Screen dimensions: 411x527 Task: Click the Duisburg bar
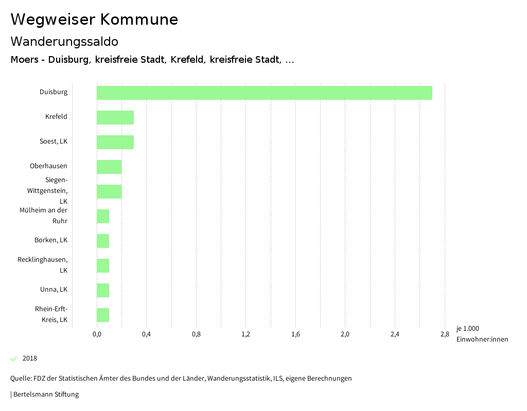[264, 93]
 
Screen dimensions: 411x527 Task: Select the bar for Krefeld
[115, 117]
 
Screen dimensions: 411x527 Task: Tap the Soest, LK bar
[115, 142]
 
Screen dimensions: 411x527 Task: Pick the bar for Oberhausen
[109, 167]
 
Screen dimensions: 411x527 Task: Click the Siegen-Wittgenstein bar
[109, 191]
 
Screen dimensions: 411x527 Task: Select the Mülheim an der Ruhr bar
[103, 216]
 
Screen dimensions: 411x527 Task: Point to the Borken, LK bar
[103, 241]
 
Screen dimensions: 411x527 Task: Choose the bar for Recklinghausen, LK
[103, 265]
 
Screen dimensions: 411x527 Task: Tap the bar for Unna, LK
[103, 290]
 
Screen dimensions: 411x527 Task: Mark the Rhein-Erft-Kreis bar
[103, 315]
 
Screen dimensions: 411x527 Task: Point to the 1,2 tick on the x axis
[245, 334]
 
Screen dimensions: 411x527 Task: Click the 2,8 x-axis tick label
[444, 334]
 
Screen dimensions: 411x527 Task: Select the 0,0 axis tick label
[97, 334]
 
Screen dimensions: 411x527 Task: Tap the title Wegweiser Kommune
[94, 20]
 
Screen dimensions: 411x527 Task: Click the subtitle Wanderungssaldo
[64, 41]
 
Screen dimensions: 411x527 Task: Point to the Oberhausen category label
[48, 166]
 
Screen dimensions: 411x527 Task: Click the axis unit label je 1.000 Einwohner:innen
[482, 334]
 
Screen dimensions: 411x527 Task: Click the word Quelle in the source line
[20, 379]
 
